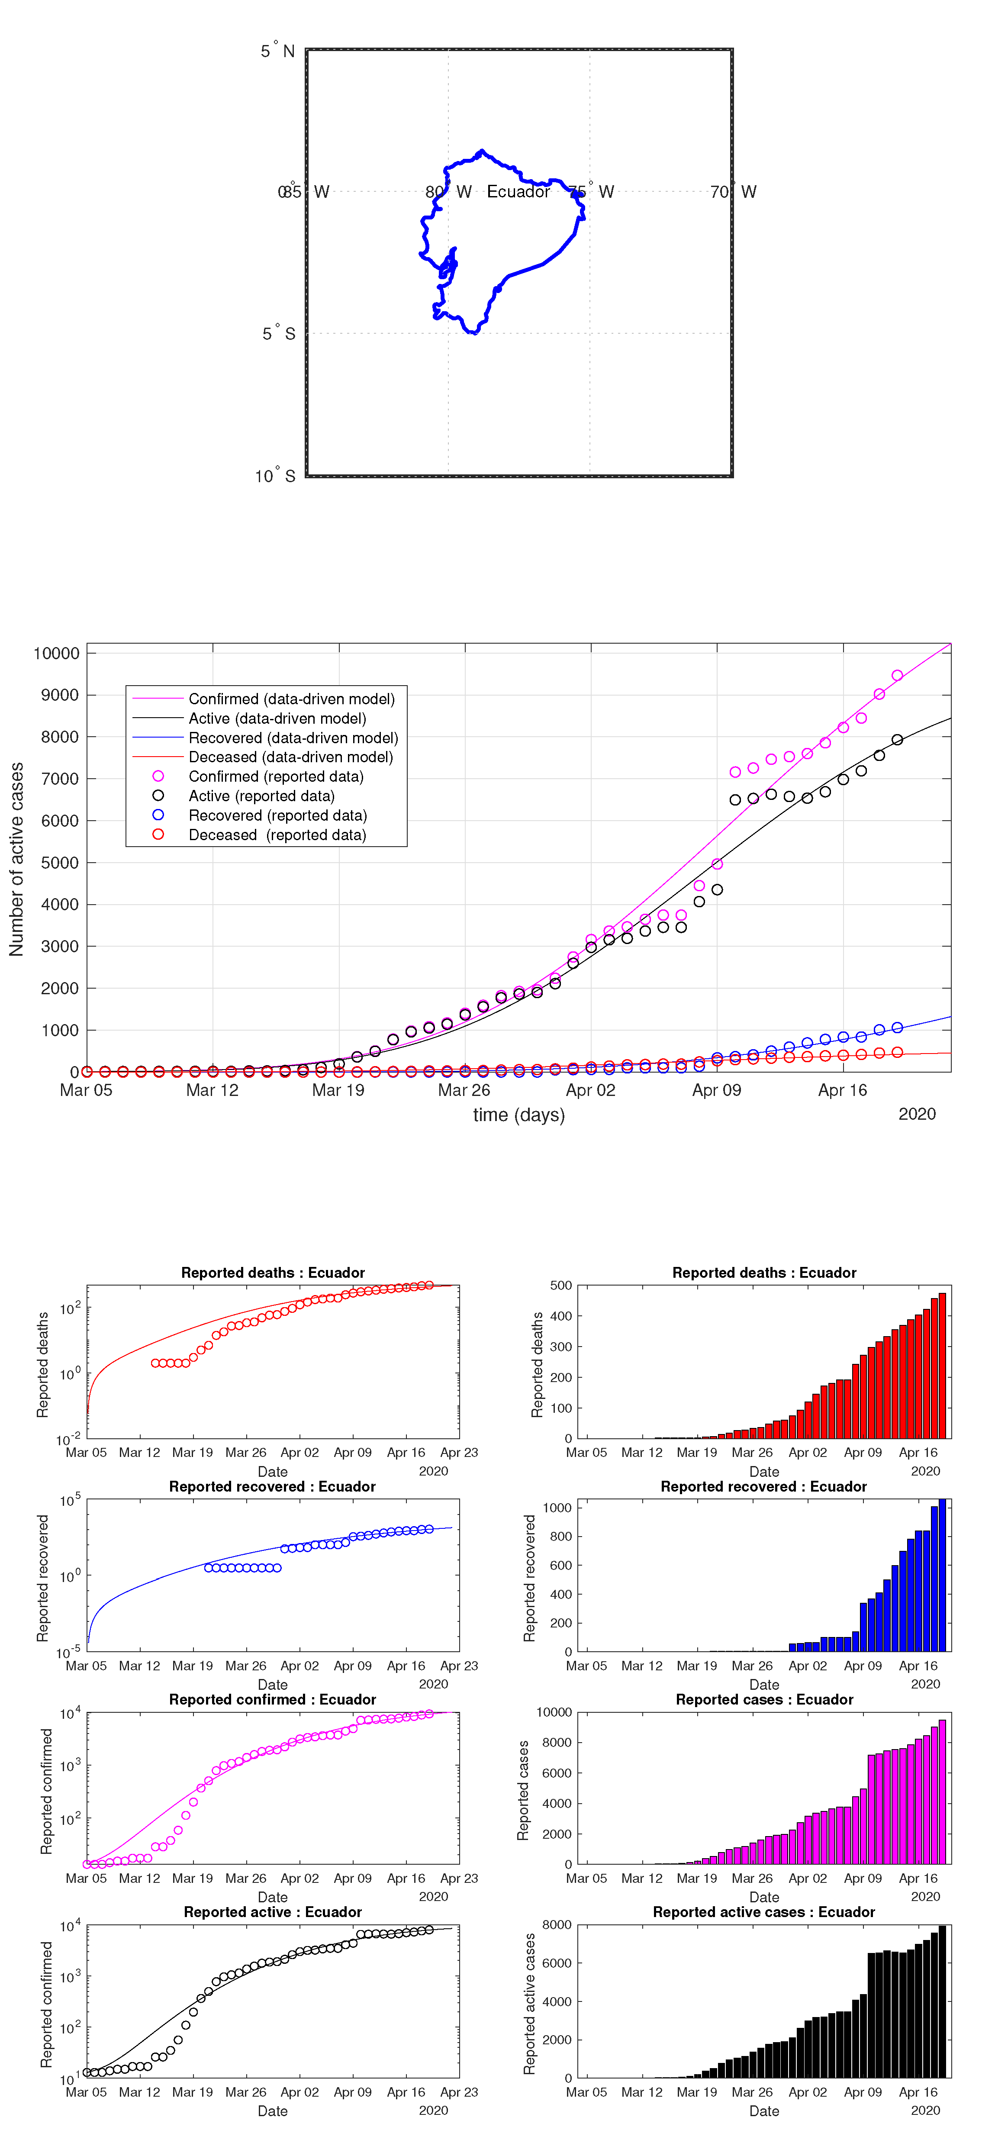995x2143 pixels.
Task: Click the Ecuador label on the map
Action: pos(518,192)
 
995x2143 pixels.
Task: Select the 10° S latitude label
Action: pos(274,476)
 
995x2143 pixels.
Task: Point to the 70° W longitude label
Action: pos(733,192)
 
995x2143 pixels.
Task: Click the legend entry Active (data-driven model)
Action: pos(277,718)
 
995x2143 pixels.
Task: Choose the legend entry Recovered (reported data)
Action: pos(277,815)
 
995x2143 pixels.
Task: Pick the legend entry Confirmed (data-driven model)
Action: pos(291,699)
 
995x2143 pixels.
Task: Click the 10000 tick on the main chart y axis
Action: pos(57,653)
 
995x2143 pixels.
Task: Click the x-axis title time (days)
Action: pos(518,1115)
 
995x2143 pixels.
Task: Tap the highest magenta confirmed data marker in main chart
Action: pos(897,676)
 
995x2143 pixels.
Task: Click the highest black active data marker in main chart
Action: pos(897,740)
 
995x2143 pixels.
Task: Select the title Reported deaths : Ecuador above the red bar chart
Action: pos(764,1273)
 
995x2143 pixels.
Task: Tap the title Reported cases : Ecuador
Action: pos(764,1700)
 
